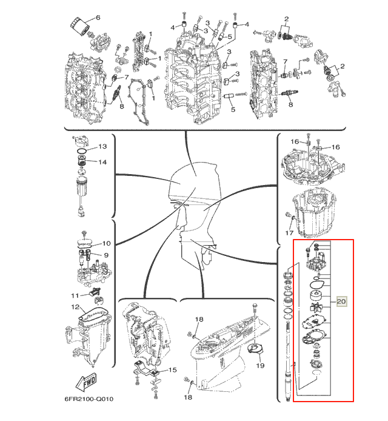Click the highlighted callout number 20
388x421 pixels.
tap(341, 301)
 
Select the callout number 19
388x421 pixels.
tap(260, 365)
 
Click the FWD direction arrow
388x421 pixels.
tap(86, 381)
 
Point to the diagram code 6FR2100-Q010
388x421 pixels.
tap(89, 399)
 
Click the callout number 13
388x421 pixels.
tap(102, 146)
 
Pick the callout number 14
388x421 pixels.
tap(102, 162)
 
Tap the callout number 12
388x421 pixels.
tap(75, 306)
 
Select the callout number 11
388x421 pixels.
tap(75, 295)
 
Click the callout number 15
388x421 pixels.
tap(173, 370)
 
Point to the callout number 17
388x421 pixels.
tap(289, 232)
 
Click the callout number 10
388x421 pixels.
tap(107, 243)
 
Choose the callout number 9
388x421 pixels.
tap(106, 255)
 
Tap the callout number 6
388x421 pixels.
tap(98, 18)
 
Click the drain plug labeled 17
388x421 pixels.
tap(289, 215)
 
